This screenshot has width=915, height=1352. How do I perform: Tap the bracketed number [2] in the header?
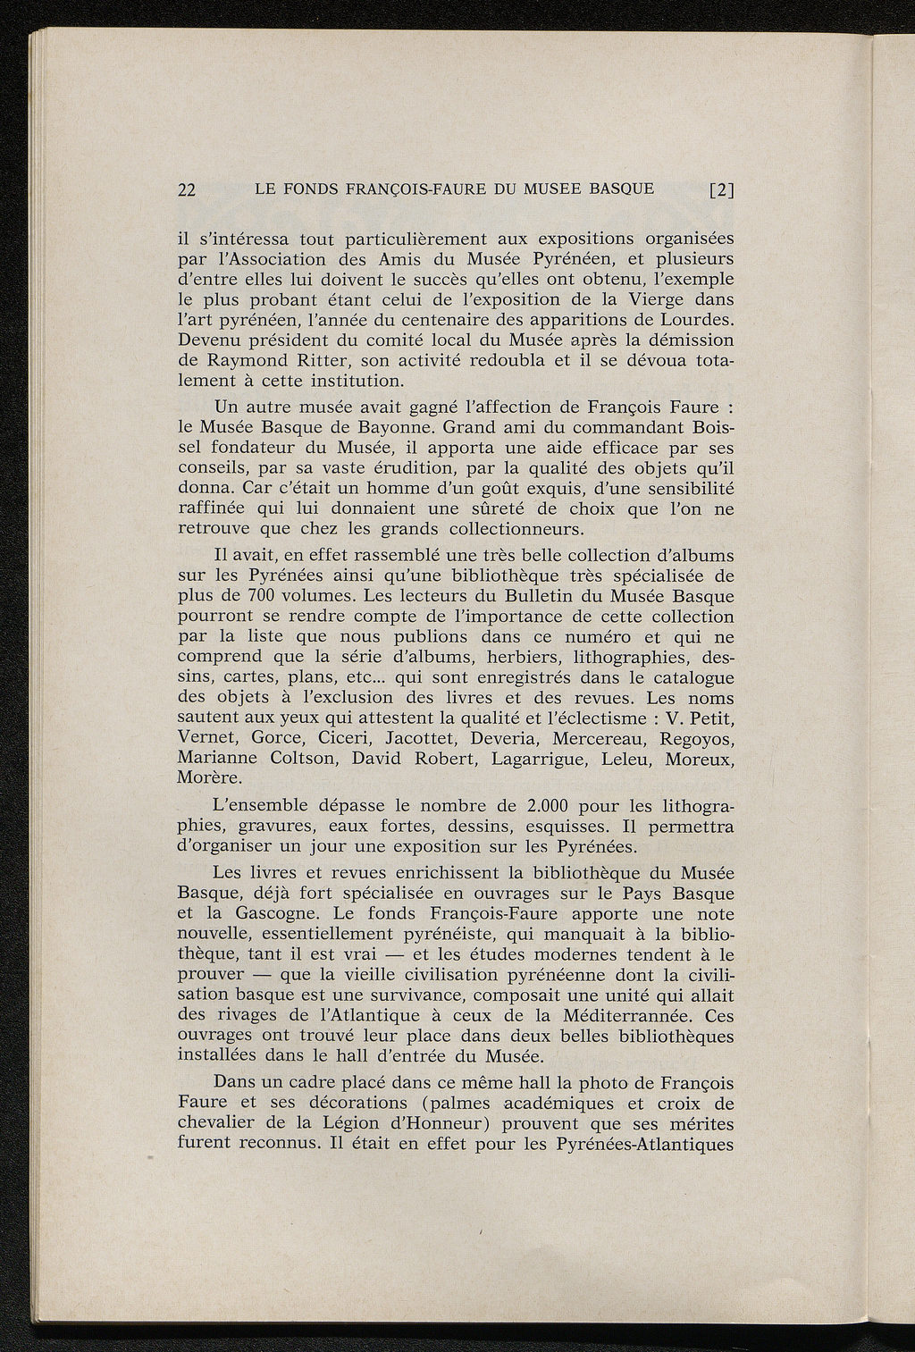[x=720, y=189]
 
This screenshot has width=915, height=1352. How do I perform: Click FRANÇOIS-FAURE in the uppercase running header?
[x=421, y=189]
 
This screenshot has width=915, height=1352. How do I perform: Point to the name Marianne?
[x=219, y=760]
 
